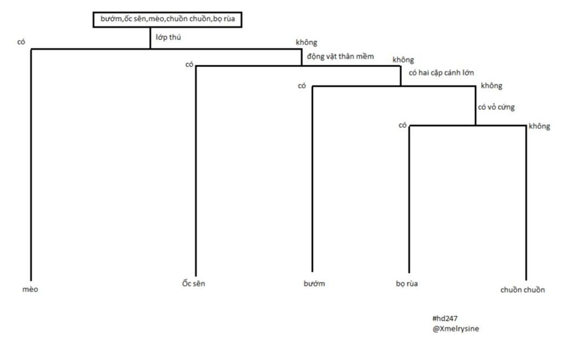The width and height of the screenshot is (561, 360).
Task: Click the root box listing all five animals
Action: pyautogui.click(x=168, y=19)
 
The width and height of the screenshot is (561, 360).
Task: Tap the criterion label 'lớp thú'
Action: pyautogui.click(x=168, y=37)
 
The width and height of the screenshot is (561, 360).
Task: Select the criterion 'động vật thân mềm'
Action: pyautogui.click(x=340, y=56)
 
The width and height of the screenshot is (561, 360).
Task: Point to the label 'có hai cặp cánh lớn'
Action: pyautogui.click(x=441, y=73)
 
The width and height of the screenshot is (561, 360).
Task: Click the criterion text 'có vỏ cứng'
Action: pyautogui.click(x=496, y=107)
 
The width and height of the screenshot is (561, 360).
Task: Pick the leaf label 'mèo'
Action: pyautogui.click(x=30, y=289)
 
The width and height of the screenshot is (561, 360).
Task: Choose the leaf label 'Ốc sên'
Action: pyautogui.click(x=193, y=283)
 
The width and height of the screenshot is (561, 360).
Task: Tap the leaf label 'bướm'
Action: pyautogui.click(x=314, y=283)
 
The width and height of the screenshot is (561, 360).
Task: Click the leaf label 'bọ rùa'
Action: pyautogui.click(x=407, y=283)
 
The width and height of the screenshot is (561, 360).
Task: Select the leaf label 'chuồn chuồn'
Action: pyautogui.click(x=522, y=289)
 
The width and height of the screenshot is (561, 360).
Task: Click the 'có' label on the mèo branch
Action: pyautogui.click(x=21, y=42)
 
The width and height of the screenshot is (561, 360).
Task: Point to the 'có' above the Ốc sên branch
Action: pyautogui.click(x=189, y=65)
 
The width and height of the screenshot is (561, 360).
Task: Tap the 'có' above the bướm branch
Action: pyautogui.click(x=302, y=86)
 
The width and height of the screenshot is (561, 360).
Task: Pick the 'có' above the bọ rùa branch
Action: pyautogui.click(x=403, y=125)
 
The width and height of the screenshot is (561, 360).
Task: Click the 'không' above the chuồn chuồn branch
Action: pyautogui.click(x=540, y=126)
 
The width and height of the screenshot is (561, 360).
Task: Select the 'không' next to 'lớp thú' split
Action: pyautogui.click(x=306, y=42)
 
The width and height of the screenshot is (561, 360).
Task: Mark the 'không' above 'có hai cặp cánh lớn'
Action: pyautogui.click(x=403, y=60)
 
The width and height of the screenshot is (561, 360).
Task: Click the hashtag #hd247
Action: pyautogui.click(x=445, y=318)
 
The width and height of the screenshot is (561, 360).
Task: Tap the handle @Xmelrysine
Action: pyautogui.click(x=455, y=329)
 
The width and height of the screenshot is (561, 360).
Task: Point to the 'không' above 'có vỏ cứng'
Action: pyautogui.click(x=491, y=85)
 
